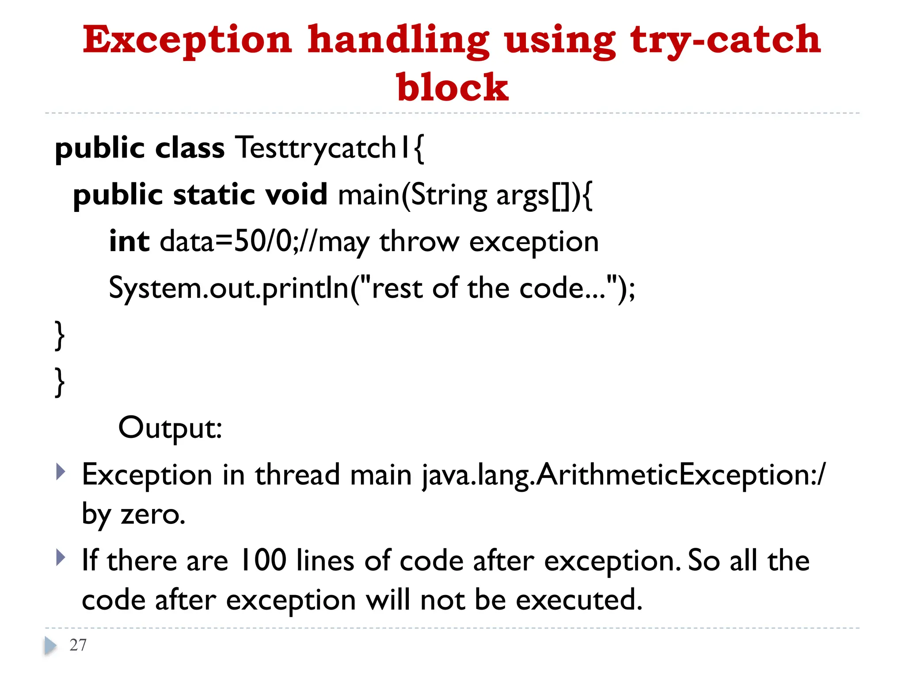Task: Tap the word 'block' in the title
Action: (x=452, y=87)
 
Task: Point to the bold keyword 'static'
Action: (x=214, y=195)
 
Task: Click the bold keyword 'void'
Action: (x=296, y=195)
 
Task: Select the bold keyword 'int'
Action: (x=129, y=241)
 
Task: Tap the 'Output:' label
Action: (x=170, y=428)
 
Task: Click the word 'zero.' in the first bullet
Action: (x=153, y=514)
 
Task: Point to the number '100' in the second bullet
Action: (x=262, y=561)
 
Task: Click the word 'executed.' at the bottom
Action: (x=579, y=600)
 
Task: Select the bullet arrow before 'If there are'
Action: (x=61, y=557)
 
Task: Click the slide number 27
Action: (x=78, y=645)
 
